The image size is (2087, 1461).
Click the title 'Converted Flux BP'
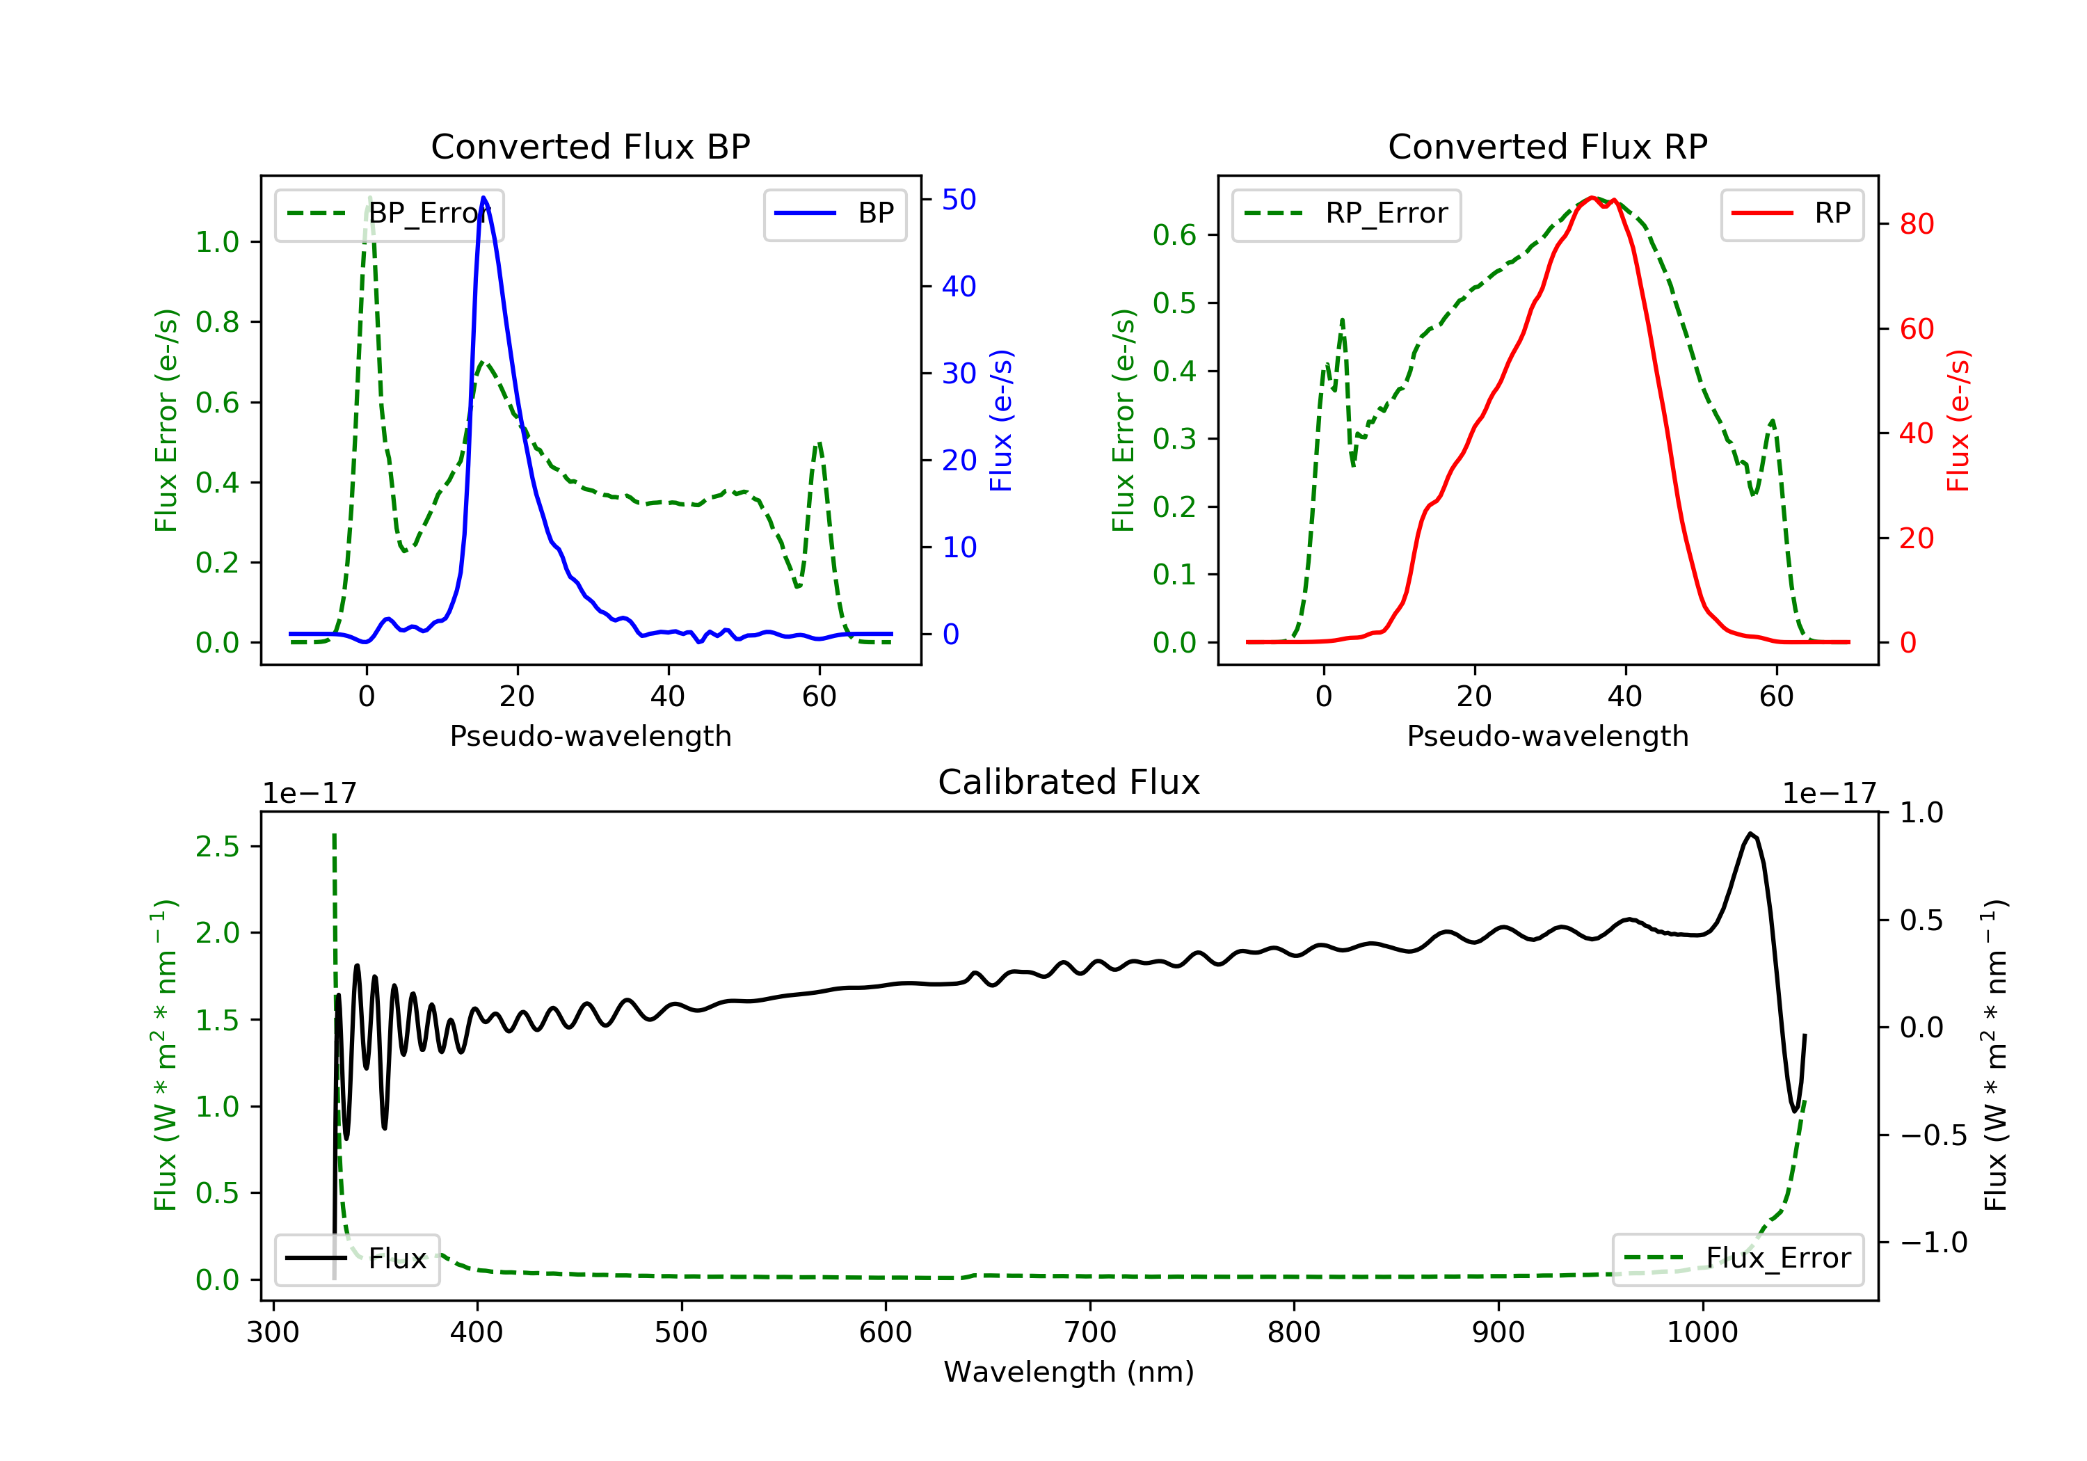[x=590, y=146]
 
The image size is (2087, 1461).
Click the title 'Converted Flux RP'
[x=1547, y=146]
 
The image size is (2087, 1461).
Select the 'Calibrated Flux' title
[x=1069, y=782]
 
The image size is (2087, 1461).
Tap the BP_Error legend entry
[x=389, y=214]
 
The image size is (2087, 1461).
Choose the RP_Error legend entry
[x=1346, y=214]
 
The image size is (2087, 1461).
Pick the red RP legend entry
[x=1791, y=214]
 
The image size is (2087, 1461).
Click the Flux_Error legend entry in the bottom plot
[x=1737, y=1259]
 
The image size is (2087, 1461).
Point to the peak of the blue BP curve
[x=483, y=198]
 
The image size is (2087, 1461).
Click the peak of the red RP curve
[x=1592, y=198]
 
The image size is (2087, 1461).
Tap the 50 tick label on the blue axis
[x=959, y=199]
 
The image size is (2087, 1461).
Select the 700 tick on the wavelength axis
[x=1090, y=1333]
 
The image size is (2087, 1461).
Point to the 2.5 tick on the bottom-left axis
[x=217, y=847]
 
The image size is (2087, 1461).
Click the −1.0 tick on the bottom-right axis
[x=1933, y=1242]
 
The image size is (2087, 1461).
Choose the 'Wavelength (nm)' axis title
[x=1069, y=1372]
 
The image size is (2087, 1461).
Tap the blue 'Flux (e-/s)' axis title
[x=1001, y=421]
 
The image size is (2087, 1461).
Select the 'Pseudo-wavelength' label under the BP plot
[x=591, y=735]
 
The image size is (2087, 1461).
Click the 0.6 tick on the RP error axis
[x=1174, y=234]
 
